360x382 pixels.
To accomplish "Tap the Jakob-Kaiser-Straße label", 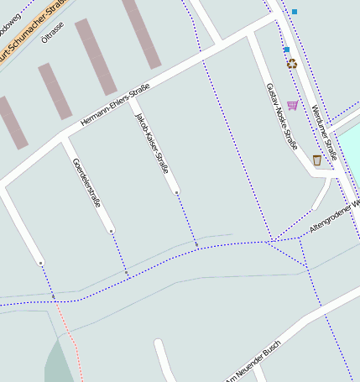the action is pyautogui.click(x=152, y=143).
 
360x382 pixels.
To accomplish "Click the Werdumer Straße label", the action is pyautogui.click(x=325, y=133).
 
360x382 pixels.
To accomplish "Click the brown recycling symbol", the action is pyautogui.click(x=292, y=63).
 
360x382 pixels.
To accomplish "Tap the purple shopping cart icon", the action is pyautogui.click(x=292, y=105).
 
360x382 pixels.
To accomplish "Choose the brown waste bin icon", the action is pyautogui.click(x=316, y=160).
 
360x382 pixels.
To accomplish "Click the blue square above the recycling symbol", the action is pyautogui.click(x=286, y=50).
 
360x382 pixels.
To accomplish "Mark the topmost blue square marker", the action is pyautogui.click(x=295, y=12).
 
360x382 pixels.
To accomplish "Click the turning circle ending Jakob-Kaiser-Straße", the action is pyautogui.click(x=176, y=192).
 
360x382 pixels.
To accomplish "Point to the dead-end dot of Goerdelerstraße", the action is pyautogui.click(x=111, y=230).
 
